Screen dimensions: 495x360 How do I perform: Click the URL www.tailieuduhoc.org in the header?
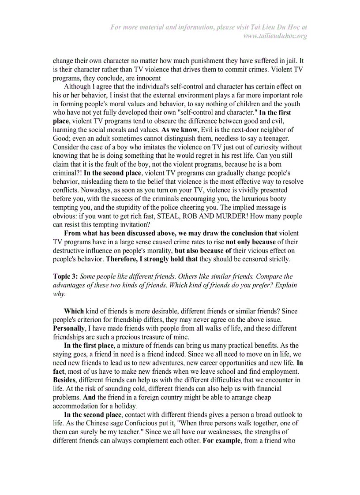click(x=275, y=36)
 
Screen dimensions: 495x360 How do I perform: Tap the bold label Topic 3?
click(x=65, y=276)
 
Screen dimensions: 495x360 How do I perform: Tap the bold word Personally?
click(x=70, y=328)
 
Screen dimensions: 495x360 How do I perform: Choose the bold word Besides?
click(x=64, y=380)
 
